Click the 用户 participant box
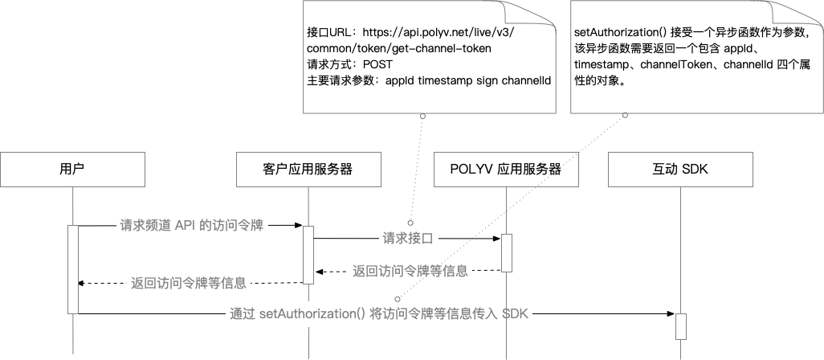point(72,169)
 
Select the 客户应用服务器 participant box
point(308,169)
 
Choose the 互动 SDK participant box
point(680,169)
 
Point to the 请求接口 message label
point(408,238)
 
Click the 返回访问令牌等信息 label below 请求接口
point(410,271)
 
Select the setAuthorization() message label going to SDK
point(378,313)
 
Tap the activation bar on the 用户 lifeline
point(72,269)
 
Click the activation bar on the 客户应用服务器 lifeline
point(308,254)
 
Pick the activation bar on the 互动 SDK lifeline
point(680,325)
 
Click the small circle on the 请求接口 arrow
point(410,222)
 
